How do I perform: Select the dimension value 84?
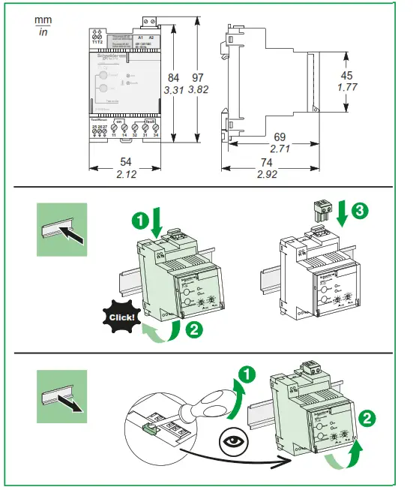pyautogui.click(x=173, y=79)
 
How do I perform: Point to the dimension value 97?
pyautogui.click(x=197, y=79)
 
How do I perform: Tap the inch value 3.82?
pyautogui.click(x=197, y=91)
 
